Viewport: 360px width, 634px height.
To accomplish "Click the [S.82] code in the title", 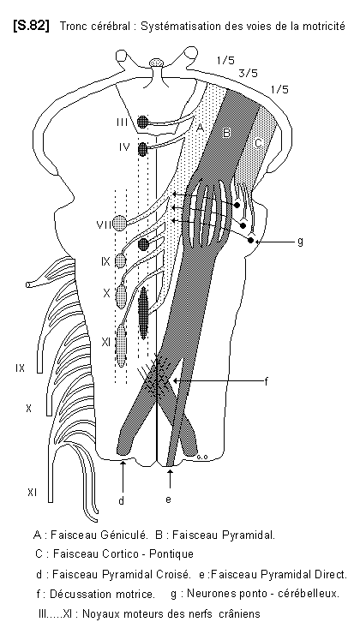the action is point(31,27).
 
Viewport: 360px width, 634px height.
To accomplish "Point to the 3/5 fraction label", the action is point(249,74).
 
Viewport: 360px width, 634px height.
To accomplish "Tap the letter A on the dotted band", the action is point(200,129).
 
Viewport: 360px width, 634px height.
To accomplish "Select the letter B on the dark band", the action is point(227,133).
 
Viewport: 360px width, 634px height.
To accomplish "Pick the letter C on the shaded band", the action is point(259,143).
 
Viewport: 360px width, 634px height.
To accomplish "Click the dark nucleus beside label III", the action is point(142,122).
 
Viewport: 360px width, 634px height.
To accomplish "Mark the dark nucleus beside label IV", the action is point(142,149).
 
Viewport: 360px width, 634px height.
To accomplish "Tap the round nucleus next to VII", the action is point(120,223).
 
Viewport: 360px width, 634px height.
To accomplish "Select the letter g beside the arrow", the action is point(299,242).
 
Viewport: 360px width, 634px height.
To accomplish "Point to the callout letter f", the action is point(267,381).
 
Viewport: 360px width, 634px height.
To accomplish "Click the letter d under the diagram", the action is point(122,501).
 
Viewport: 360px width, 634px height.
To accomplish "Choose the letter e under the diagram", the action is point(168,499).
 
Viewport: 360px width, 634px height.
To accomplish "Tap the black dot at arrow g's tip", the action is point(251,241).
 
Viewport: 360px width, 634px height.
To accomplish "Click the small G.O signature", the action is point(202,457).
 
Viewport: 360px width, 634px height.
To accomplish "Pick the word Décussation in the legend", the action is point(74,595).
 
